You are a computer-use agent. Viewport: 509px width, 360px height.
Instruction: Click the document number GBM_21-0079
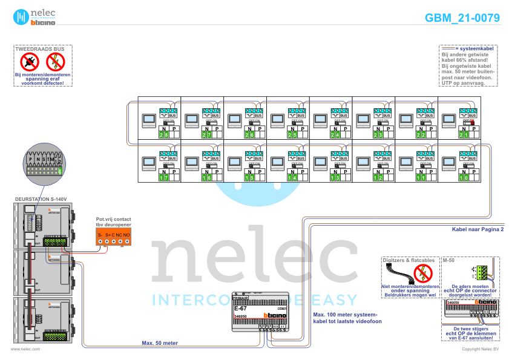click(462, 18)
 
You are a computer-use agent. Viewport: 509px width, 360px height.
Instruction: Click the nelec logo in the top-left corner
click(36, 16)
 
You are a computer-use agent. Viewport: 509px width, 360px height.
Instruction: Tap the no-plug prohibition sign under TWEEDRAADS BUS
click(29, 61)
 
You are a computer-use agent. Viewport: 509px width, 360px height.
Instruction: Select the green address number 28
click(164, 134)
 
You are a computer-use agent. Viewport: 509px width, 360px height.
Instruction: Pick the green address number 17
click(164, 178)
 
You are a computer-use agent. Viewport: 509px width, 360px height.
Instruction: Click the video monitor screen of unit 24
click(320, 119)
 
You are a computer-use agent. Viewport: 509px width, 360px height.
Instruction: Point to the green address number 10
click(464, 178)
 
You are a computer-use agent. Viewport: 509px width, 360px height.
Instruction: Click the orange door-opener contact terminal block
click(114, 238)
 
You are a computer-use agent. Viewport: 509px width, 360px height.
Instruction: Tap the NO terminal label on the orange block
click(127, 234)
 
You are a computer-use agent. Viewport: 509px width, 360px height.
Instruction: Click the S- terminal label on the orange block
click(100, 234)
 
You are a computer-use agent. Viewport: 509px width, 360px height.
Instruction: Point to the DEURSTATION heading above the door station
click(40, 198)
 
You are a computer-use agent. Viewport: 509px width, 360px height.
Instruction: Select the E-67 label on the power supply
click(240, 309)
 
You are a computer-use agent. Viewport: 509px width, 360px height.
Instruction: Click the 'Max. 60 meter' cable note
click(160, 343)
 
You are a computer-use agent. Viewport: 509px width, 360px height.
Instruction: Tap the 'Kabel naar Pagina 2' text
click(478, 229)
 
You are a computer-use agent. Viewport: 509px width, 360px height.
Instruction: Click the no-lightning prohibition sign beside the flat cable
click(423, 273)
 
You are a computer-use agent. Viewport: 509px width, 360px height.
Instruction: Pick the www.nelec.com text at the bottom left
click(25, 349)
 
